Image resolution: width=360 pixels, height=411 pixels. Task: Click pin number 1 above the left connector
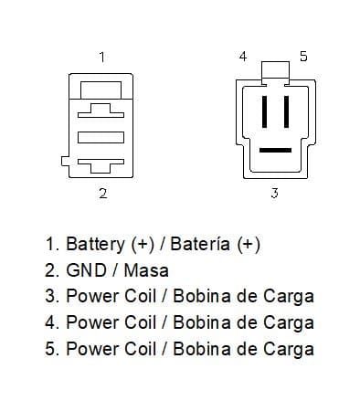point(102,57)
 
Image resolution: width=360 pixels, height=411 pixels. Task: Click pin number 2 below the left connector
point(103,193)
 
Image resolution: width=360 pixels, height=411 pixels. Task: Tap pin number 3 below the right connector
point(274,193)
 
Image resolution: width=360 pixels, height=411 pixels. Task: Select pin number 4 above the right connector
point(243,57)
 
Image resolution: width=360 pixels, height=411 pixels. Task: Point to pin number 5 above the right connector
point(303,57)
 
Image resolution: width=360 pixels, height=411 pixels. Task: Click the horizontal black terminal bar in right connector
point(275,150)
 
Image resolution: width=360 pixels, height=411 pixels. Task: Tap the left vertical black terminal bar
point(264,111)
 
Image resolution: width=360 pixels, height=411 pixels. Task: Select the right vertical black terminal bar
point(286,111)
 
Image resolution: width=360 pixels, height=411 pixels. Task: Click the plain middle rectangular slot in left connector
point(101,137)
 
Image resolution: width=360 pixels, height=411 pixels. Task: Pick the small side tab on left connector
point(65,161)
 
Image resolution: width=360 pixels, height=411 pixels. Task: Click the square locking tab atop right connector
point(275,70)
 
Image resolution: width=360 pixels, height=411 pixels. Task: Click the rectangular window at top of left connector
point(101,90)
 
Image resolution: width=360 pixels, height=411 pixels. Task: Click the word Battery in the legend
point(95,244)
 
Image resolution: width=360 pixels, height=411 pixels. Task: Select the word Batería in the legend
point(200,244)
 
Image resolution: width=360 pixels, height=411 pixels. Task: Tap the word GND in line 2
point(86,270)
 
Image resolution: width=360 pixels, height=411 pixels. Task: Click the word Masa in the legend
point(146,270)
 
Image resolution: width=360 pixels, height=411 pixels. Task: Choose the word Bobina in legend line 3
point(202,296)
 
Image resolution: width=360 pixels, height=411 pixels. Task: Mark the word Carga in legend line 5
point(289,350)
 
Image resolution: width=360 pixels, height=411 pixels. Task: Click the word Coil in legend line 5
point(141,349)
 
